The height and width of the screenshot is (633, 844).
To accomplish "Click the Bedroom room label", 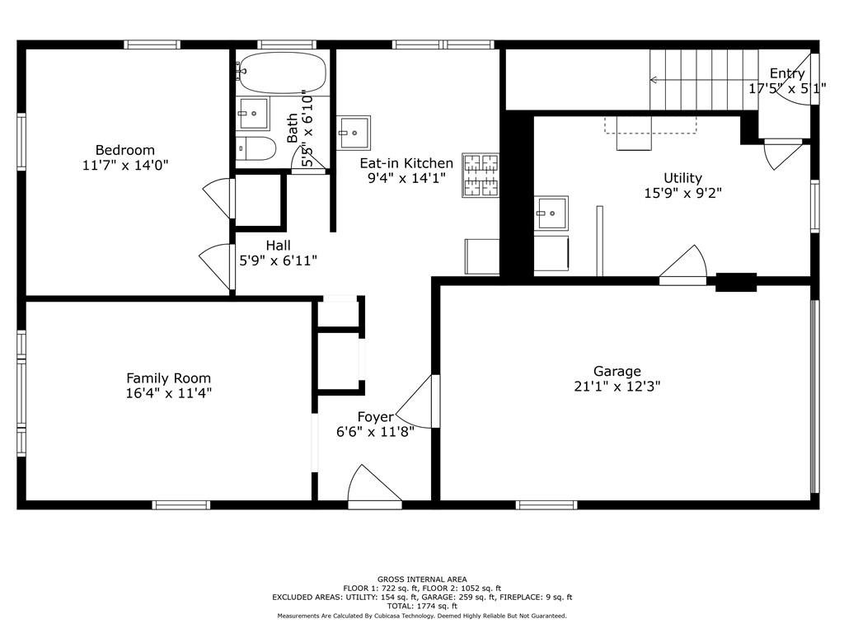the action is click(x=125, y=150).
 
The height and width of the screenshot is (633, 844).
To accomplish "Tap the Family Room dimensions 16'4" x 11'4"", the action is click(x=168, y=393).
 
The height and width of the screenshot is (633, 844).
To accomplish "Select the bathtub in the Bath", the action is click(x=282, y=73).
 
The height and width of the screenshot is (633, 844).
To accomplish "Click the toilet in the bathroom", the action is click(x=256, y=148).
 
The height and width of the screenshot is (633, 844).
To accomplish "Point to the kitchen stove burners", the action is click(x=481, y=175).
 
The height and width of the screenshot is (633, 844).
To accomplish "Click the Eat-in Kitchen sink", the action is click(x=354, y=133).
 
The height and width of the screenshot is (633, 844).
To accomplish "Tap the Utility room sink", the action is click(x=551, y=213).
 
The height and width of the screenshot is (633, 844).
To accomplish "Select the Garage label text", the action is click(x=617, y=372).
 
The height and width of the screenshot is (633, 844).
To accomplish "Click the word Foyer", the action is click(x=375, y=417).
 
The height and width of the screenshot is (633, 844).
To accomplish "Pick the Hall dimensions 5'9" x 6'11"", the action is click(x=278, y=261).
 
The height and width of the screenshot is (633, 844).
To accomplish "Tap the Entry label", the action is click(x=787, y=73).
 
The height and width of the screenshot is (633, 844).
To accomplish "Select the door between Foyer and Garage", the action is click(x=417, y=401).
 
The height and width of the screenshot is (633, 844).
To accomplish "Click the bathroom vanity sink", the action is click(x=253, y=114).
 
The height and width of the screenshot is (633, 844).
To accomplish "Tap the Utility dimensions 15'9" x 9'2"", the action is click(x=682, y=193).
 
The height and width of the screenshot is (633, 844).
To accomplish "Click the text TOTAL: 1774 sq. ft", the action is click(x=422, y=606).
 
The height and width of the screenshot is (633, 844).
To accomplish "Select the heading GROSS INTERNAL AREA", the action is click(x=422, y=579).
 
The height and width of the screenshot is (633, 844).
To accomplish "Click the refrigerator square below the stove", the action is click(x=481, y=256).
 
